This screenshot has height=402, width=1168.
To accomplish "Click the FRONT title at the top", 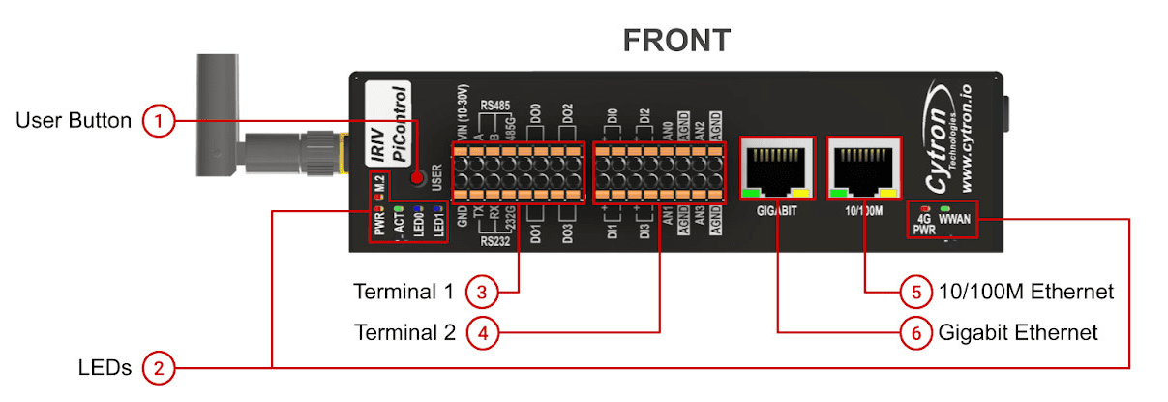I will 675,40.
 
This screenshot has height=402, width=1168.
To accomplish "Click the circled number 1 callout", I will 159,121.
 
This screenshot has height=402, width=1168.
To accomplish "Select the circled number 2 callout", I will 159,368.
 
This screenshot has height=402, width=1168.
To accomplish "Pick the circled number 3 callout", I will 481,292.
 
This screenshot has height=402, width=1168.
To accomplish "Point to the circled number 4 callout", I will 481,333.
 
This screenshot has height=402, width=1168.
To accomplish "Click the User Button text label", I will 74,121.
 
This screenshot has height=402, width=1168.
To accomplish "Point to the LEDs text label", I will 105,368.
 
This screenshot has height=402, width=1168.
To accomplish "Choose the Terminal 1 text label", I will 404,292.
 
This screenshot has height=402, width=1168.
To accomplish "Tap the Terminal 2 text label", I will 404,333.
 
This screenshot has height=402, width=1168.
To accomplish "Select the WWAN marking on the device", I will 954,219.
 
